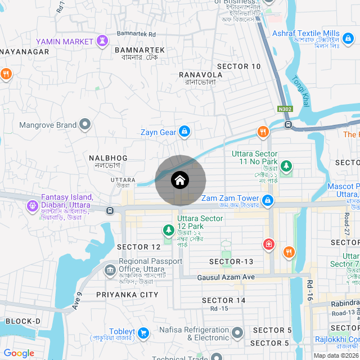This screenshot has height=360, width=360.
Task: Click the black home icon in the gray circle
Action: click(180, 181)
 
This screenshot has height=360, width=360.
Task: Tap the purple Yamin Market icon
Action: click(102, 41)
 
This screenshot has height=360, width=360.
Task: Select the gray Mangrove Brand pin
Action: click(85, 124)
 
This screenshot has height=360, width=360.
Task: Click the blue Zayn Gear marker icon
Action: click(184, 132)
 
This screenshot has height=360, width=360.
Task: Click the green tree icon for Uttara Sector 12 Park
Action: click(168, 229)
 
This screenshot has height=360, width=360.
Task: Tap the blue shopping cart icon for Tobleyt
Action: click(143, 332)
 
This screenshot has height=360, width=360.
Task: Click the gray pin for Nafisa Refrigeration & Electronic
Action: click(238, 332)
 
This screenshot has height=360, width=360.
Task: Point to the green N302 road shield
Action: click(285, 109)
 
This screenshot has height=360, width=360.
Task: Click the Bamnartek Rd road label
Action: click(136, 34)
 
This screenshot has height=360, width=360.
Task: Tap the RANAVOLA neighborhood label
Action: click(200, 74)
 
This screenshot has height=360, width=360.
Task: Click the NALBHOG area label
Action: click(108, 158)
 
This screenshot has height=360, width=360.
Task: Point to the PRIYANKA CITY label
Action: click(127, 295)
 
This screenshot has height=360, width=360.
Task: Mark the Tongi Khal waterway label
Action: click(298, 89)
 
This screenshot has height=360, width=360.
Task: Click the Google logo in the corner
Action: click(19, 353)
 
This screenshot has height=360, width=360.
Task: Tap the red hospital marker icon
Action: click(269, 244)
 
